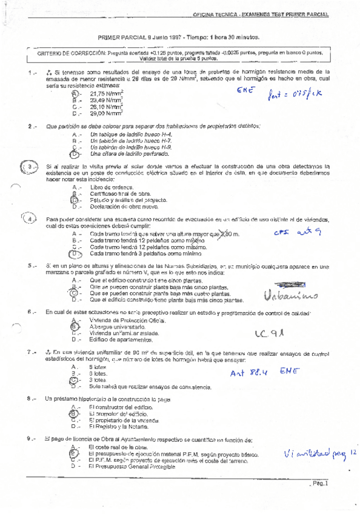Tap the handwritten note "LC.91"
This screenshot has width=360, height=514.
tap(269, 333)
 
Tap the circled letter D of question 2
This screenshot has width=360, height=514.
tap(75, 154)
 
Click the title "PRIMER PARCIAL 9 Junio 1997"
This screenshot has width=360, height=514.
tap(142, 37)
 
